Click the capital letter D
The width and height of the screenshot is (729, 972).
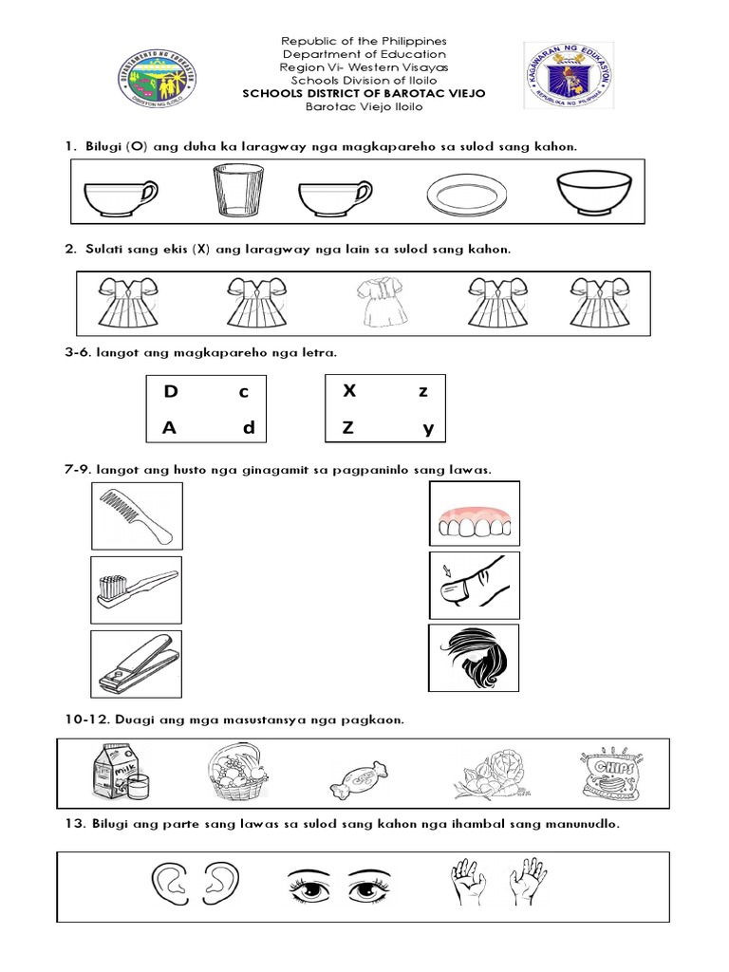pos(171,391)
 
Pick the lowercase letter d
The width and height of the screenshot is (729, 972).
pos(248,428)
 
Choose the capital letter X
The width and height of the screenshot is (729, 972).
pos(348,390)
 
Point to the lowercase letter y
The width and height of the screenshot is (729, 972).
pos(428,429)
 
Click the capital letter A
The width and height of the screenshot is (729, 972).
pos(170,428)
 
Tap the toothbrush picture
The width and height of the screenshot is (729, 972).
pos(136,588)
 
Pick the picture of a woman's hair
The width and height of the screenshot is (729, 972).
pos(474,658)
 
